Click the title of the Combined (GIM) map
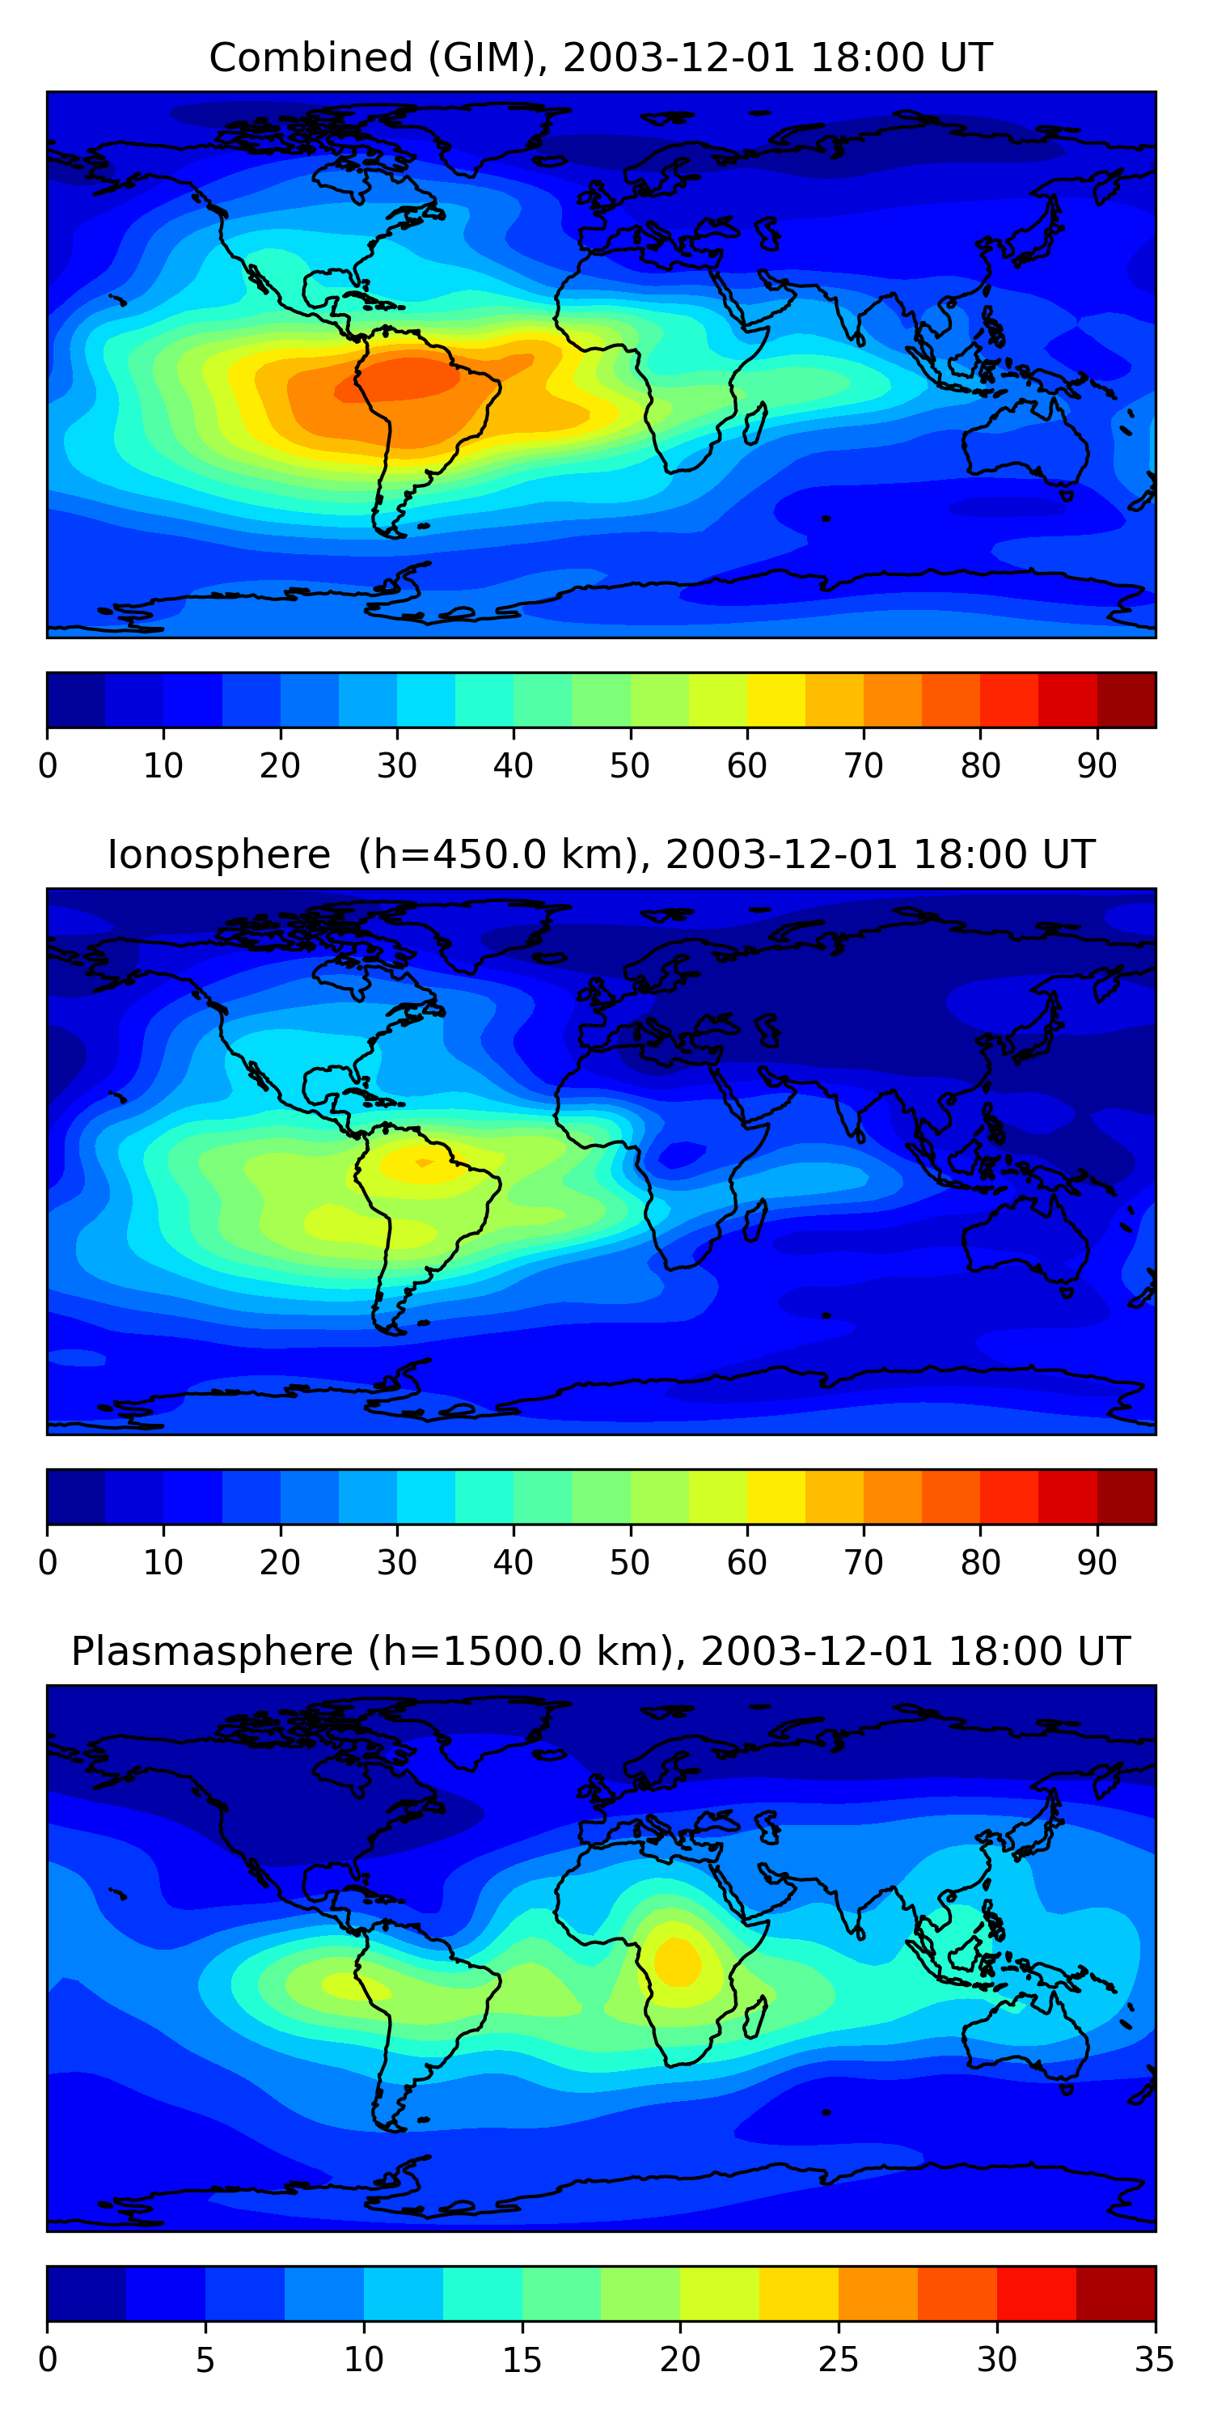[600, 57]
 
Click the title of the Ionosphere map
[600, 854]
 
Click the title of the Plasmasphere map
[600, 1652]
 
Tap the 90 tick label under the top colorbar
[1097, 766]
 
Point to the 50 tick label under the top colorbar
[629, 766]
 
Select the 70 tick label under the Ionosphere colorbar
[863, 1562]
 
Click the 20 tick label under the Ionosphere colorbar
[280, 1562]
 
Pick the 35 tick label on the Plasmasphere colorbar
[1154, 2359]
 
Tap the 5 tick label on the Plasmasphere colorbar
[205, 2359]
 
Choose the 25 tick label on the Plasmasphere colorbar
[837, 2359]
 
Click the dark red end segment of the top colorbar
[1126, 700]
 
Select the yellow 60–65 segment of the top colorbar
[776, 700]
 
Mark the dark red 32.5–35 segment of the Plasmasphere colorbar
[1115, 2294]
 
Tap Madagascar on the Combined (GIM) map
[756, 424]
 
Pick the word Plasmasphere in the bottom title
[212, 1652]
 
